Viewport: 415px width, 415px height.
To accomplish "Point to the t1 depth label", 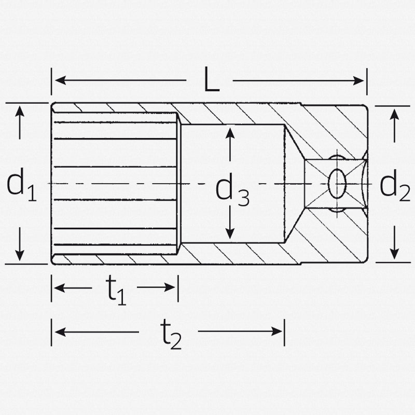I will tap(117, 290).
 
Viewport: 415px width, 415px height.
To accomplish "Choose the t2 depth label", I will tap(169, 335).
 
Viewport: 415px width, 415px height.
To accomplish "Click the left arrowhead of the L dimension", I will tap(58, 80).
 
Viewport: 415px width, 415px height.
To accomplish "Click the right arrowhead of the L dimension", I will tap(361, 80).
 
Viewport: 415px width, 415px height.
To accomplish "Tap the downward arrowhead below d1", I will tap(20, 255).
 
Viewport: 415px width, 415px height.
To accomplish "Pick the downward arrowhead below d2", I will tap(395, 254).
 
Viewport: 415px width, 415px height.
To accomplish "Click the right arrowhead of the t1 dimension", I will tap(172, 288).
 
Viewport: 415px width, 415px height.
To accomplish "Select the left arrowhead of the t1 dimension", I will tap(58, 288).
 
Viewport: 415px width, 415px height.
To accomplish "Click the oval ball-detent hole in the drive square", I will tap(338, 183).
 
